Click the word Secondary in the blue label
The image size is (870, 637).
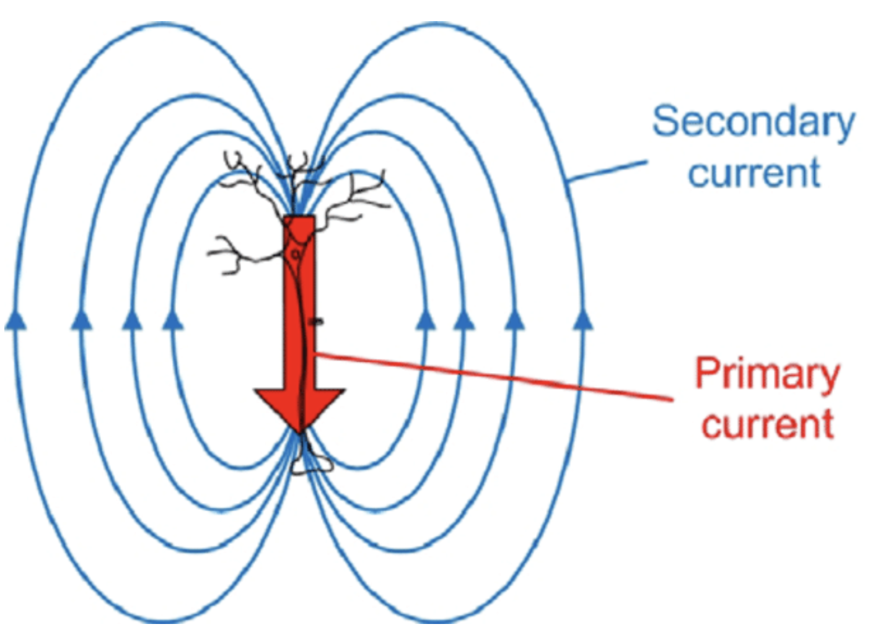(753, 122)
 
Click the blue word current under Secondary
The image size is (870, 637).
(754, 173)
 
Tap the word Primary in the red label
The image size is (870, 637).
(767, 374)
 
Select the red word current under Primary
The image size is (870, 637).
(768, 424)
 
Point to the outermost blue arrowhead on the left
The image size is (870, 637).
(16, 320)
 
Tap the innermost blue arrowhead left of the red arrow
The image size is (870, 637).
(173, 320)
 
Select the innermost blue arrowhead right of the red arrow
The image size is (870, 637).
(424, 320)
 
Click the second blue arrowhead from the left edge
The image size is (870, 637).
(81, 320)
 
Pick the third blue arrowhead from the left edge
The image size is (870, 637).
(131, 320)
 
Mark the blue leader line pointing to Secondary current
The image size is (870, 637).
(607, 171)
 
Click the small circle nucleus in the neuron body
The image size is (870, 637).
(296, 253)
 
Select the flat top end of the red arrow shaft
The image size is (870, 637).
(299, 218)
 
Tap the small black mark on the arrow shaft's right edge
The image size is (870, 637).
(317, 321)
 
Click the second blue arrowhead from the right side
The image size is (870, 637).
(514, 320)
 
